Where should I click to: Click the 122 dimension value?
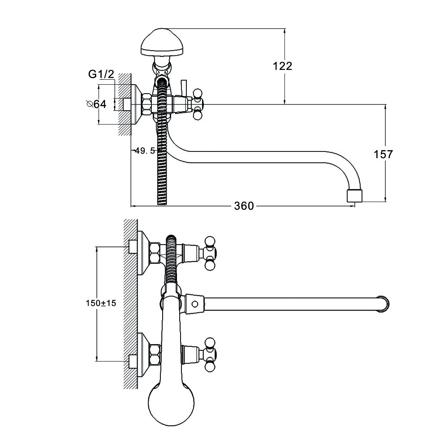[x=282, y=66]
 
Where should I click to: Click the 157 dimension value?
[x=383, y=154]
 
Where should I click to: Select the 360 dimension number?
[x=244, y=206]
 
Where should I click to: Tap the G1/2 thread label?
[x=101, y=74]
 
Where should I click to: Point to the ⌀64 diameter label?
[x=96, y=104]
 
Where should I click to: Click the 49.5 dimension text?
[x=145, y=151]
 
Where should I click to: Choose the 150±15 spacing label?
[x=101, y=303]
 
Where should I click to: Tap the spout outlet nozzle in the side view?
[x=354, y=195]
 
